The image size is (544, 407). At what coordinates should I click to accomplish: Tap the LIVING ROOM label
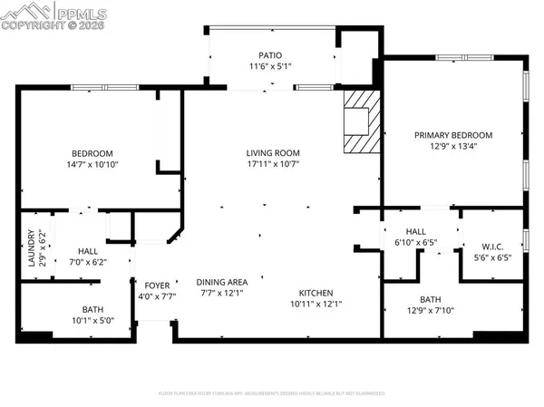[x=273, y=152]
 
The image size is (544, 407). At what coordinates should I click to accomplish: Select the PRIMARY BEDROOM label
[x=452, y=135]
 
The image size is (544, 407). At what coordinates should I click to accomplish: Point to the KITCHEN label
[x=317, y=293]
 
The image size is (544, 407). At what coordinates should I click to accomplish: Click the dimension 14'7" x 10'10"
[x=92, y=164]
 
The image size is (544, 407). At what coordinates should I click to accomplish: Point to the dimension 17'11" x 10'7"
[x=273, y=164]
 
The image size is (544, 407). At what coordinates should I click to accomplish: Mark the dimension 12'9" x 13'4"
[x=452, y=147]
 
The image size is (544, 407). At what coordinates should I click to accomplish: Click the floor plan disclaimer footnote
[x=272, y=394]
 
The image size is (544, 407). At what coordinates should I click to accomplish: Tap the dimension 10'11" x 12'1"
[x=317, y=305]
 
